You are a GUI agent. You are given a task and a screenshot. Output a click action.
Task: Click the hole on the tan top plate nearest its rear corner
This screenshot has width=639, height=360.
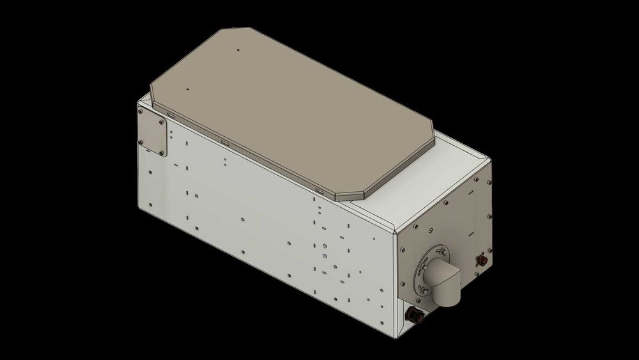tap(236, 50)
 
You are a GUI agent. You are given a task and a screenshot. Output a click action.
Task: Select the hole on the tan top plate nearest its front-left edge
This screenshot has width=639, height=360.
tap(188, 89)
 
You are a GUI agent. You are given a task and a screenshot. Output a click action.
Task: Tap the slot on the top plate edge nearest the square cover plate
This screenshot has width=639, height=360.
tap(171, 113)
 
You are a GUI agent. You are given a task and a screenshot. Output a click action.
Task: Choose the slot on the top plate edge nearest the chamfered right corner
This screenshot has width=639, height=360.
tap(319, 190)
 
